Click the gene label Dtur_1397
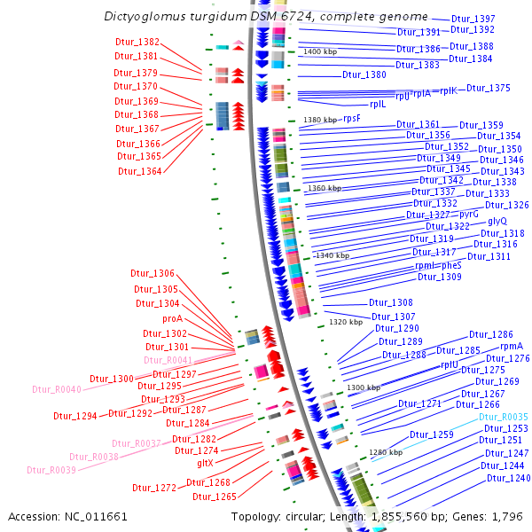(473, 19)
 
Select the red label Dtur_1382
(137, 42)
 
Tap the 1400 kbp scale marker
(320, 52)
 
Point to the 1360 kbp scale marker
(324, 189)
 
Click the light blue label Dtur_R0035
(503, 417)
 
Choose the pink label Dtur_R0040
(57, 389)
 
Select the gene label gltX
(205, 463)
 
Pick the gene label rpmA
(511, 347)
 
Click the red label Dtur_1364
(139, 171)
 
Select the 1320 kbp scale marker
(346, 322)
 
